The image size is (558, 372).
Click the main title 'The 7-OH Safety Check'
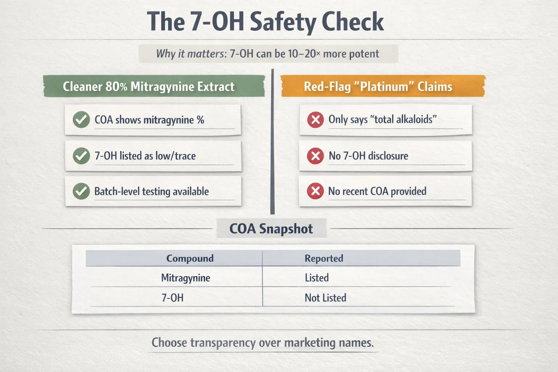pos(265,22)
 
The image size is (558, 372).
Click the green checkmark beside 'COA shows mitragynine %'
pos(81,120)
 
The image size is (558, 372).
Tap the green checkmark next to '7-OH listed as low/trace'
pos(81,156)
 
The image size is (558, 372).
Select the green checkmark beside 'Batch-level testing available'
pos(81,191)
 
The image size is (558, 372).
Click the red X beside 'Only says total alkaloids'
pos(315,120)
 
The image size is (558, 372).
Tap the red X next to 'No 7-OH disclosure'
pos(315,156)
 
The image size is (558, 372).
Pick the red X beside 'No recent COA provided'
pos(315,191)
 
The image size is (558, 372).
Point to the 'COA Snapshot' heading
pos(271,229)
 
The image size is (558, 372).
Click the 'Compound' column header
pos(190,258)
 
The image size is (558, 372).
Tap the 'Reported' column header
pos(324,258)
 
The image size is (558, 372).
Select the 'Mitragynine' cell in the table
pos(186,278)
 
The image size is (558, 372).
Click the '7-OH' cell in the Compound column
pos(173,298)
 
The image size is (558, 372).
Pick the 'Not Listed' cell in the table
pos(325,298)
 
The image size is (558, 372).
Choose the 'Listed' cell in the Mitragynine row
pos(317,278)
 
